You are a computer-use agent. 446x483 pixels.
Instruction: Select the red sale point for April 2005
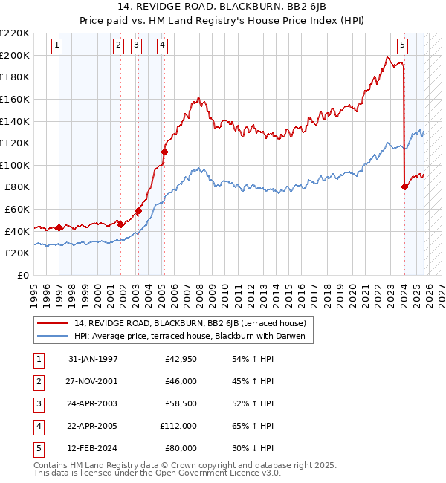click(164, 152)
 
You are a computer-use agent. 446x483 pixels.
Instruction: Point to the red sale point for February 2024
click(404, 187)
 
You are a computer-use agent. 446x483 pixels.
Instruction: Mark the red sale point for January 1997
click(59, 227)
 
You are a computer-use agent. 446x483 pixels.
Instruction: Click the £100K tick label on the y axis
click(15, 165)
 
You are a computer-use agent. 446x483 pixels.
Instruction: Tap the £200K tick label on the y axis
click(15, 55)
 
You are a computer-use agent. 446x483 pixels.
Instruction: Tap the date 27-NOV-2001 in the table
click(93, 381)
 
